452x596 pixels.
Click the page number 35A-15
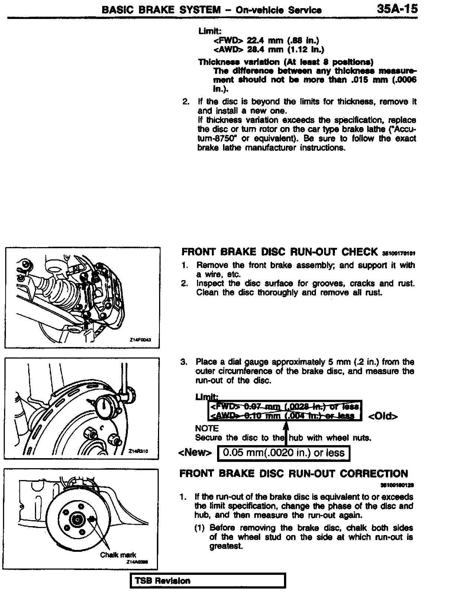click(x=397, y=9)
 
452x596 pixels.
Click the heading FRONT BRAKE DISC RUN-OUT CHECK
click(x=279, y=252)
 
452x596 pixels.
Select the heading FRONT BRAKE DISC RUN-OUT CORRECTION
click(x=294, y=474)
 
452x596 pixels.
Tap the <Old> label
click(x=383, y=416)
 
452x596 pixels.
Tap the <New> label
click(x=195, y=453)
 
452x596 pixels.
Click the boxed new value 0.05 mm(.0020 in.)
click(x=283, y=453)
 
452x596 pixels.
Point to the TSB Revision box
click(x=207, y=581)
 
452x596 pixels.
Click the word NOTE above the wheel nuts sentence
click(x=207, y=428)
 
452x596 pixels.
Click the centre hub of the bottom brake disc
click(x=77, y=519)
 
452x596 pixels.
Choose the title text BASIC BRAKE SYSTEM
click(x=161, y=10)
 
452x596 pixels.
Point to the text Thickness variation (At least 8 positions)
click(x=285, y=62)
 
